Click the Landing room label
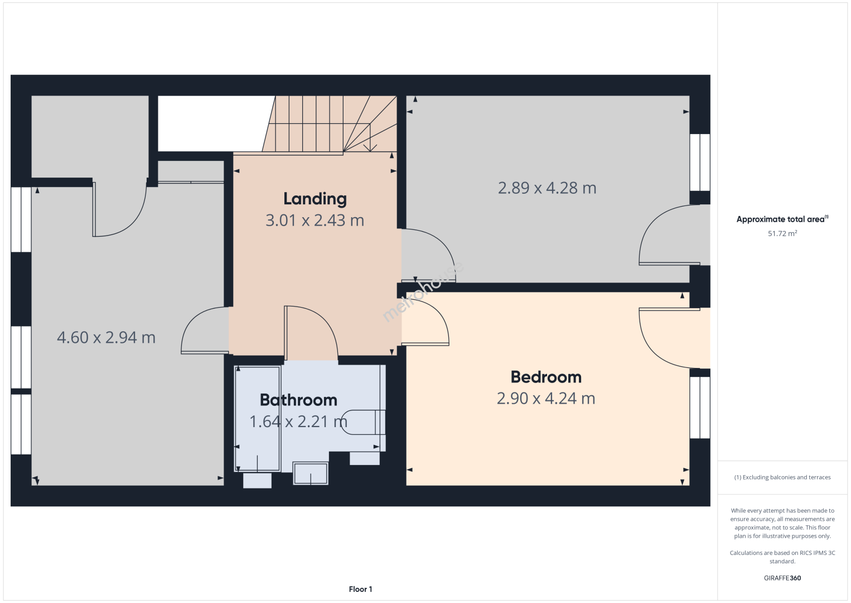(315, 199)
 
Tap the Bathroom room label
(298, 400)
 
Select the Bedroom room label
(546, 377)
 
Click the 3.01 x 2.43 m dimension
(315, 221)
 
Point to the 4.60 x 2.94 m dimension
(107, 337)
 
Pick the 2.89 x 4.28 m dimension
(547, 188)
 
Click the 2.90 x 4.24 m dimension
(546, 398)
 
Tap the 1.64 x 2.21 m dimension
(298, 422)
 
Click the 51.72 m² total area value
(782, 233)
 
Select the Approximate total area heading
(782, 219)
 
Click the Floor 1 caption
(361, 589)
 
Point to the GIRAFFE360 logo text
(782, 578)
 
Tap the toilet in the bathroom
(363, 422)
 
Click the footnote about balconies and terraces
(782, 477)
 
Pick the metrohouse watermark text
(423, 291)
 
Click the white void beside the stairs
(216, 123)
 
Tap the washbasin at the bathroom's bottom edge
(311, 473)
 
